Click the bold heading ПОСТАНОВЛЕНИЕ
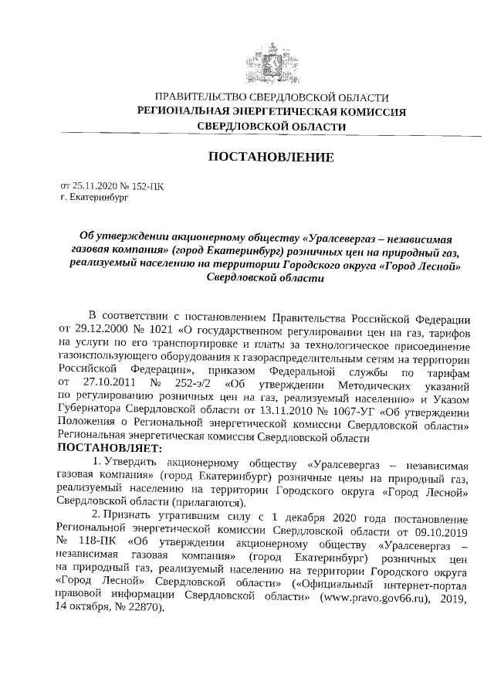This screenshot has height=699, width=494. pyautogui.click(x=271, y=158)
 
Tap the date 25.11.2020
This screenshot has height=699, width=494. pyautogui.click(x=97, y=187)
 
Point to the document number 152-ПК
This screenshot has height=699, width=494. pyautogui.click(x=148, y=187)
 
